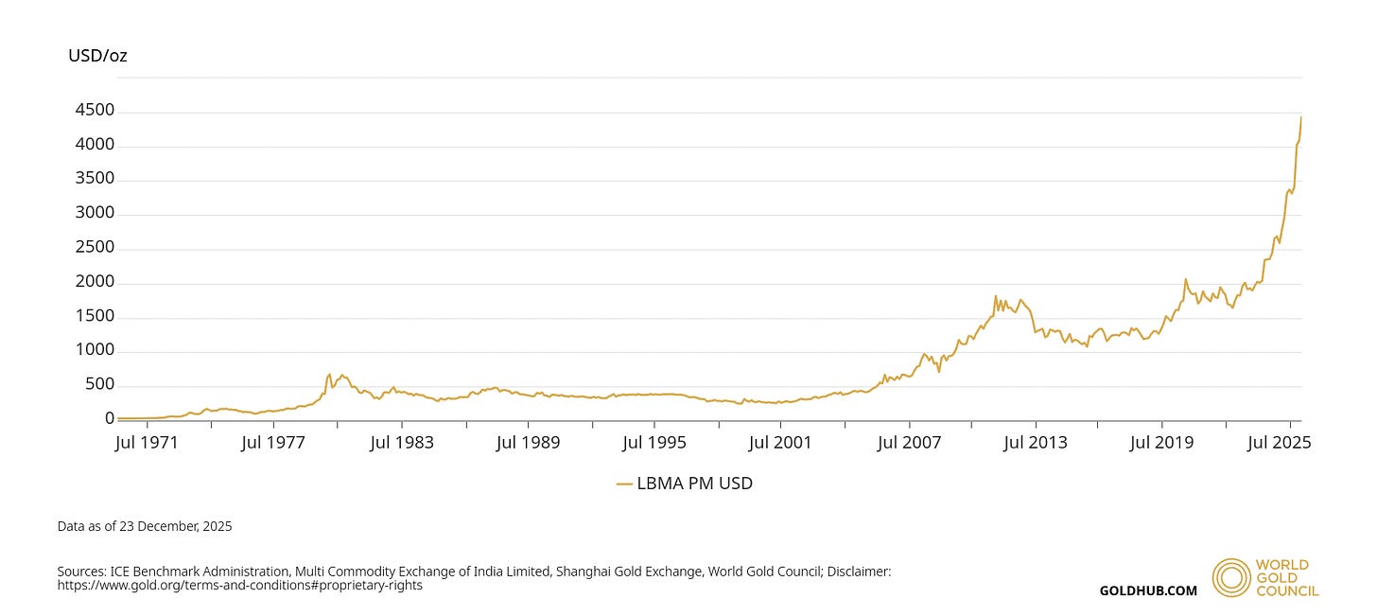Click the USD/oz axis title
(97, 56)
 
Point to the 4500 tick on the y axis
(94, 111)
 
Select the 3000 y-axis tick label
(94, 214)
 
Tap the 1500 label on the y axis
(94, 316)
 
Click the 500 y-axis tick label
(98, 385)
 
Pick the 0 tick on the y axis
(110, 419)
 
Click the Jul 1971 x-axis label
(146, 442)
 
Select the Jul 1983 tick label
(401, 442)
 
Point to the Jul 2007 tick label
(910, 442)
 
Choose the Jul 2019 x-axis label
(1162, 442)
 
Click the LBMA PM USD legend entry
(685, 484)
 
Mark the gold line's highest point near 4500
(1300, 116)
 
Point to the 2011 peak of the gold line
(996, 296)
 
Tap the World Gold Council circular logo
(1230, 577)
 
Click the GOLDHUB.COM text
(1147, 590)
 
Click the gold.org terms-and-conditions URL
(239, 586)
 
